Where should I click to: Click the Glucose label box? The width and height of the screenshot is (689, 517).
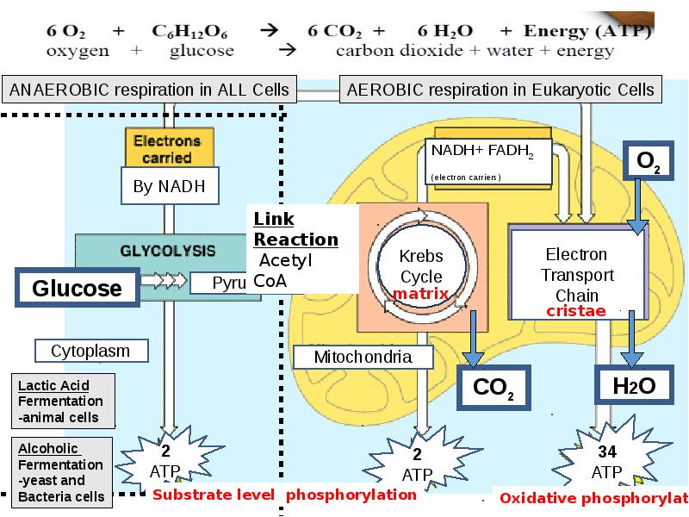77,287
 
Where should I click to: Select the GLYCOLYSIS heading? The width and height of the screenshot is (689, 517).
167,251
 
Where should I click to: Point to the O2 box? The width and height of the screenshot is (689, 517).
649,162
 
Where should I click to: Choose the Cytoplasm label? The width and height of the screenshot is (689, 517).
90,351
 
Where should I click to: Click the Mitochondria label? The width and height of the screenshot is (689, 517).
362,357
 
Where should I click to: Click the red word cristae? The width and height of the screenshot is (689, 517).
576,310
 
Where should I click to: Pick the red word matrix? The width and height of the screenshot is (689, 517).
421,294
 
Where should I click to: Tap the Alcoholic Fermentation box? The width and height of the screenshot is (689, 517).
61,472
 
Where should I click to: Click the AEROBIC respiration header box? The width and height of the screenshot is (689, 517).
500,89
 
